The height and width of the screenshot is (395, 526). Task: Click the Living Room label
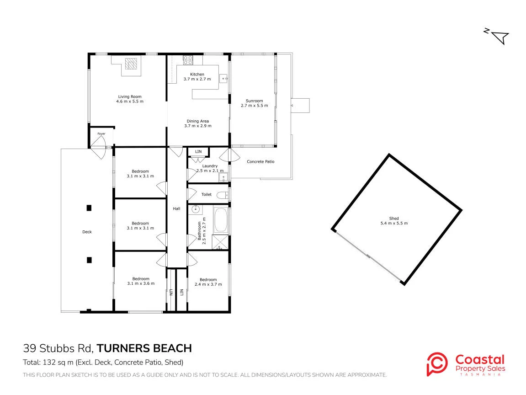[130, 96]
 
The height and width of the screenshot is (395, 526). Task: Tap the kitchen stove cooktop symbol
[188, 60]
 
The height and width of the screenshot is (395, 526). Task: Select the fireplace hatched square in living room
[131, 64]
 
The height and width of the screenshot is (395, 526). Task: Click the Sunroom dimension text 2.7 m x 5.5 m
[254, 105]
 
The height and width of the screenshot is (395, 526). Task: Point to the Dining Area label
[198, 121]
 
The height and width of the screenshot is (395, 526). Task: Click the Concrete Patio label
[260, 161]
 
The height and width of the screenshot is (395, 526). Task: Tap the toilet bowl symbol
[222, 195]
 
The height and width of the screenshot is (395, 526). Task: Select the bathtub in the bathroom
[221, 220]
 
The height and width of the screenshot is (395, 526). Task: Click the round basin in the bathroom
[195, 209]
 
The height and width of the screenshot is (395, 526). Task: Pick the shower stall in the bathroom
[220, 242]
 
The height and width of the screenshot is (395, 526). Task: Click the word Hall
[176, 209]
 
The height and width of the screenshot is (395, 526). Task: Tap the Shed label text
[394, 219]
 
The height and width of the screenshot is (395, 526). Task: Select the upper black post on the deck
[89, 208]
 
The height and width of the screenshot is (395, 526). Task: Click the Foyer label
[101, 133]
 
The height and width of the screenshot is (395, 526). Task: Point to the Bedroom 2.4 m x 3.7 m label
[208, 282]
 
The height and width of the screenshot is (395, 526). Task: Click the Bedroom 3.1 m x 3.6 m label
[141, 281]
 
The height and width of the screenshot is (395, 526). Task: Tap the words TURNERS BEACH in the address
[144, 348]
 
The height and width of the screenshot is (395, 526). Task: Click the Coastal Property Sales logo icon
[437, 364]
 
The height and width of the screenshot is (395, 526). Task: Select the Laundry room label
[210, 166]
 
